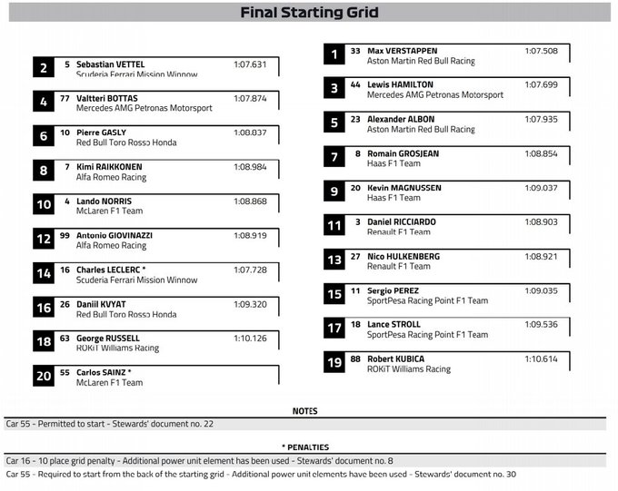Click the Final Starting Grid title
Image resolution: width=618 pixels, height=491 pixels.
click(x=309, y=13)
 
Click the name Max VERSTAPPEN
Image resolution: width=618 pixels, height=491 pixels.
click(x=402, y=51)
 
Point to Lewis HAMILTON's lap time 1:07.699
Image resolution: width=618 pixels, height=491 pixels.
click(x=541, y=84)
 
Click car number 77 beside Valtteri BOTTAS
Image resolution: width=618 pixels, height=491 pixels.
click(x=65, y=98)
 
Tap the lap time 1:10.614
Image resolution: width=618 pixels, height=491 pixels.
click(x=541, y=358)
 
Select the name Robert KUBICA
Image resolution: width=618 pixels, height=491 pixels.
click(x=395, y=358)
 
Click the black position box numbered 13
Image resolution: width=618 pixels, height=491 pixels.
click(x=334, y=260)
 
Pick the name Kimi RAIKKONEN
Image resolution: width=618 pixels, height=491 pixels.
click(x=109, y=167)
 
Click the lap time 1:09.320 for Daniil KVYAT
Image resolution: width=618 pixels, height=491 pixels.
click(x=250, y=304)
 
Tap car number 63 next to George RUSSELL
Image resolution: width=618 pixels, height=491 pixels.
click(x=65, y=339)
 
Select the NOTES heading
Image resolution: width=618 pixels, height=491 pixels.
click(x=304, y=411)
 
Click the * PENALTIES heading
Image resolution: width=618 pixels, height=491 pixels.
click(x=304, y=447)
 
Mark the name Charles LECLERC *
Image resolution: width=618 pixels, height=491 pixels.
click(x=111, y=270)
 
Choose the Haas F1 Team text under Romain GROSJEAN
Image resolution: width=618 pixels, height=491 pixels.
click(x=394, y=164)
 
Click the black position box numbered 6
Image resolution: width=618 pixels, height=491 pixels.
click(x=44, y=137)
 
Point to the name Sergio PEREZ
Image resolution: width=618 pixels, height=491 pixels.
click(x=393, y=290)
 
